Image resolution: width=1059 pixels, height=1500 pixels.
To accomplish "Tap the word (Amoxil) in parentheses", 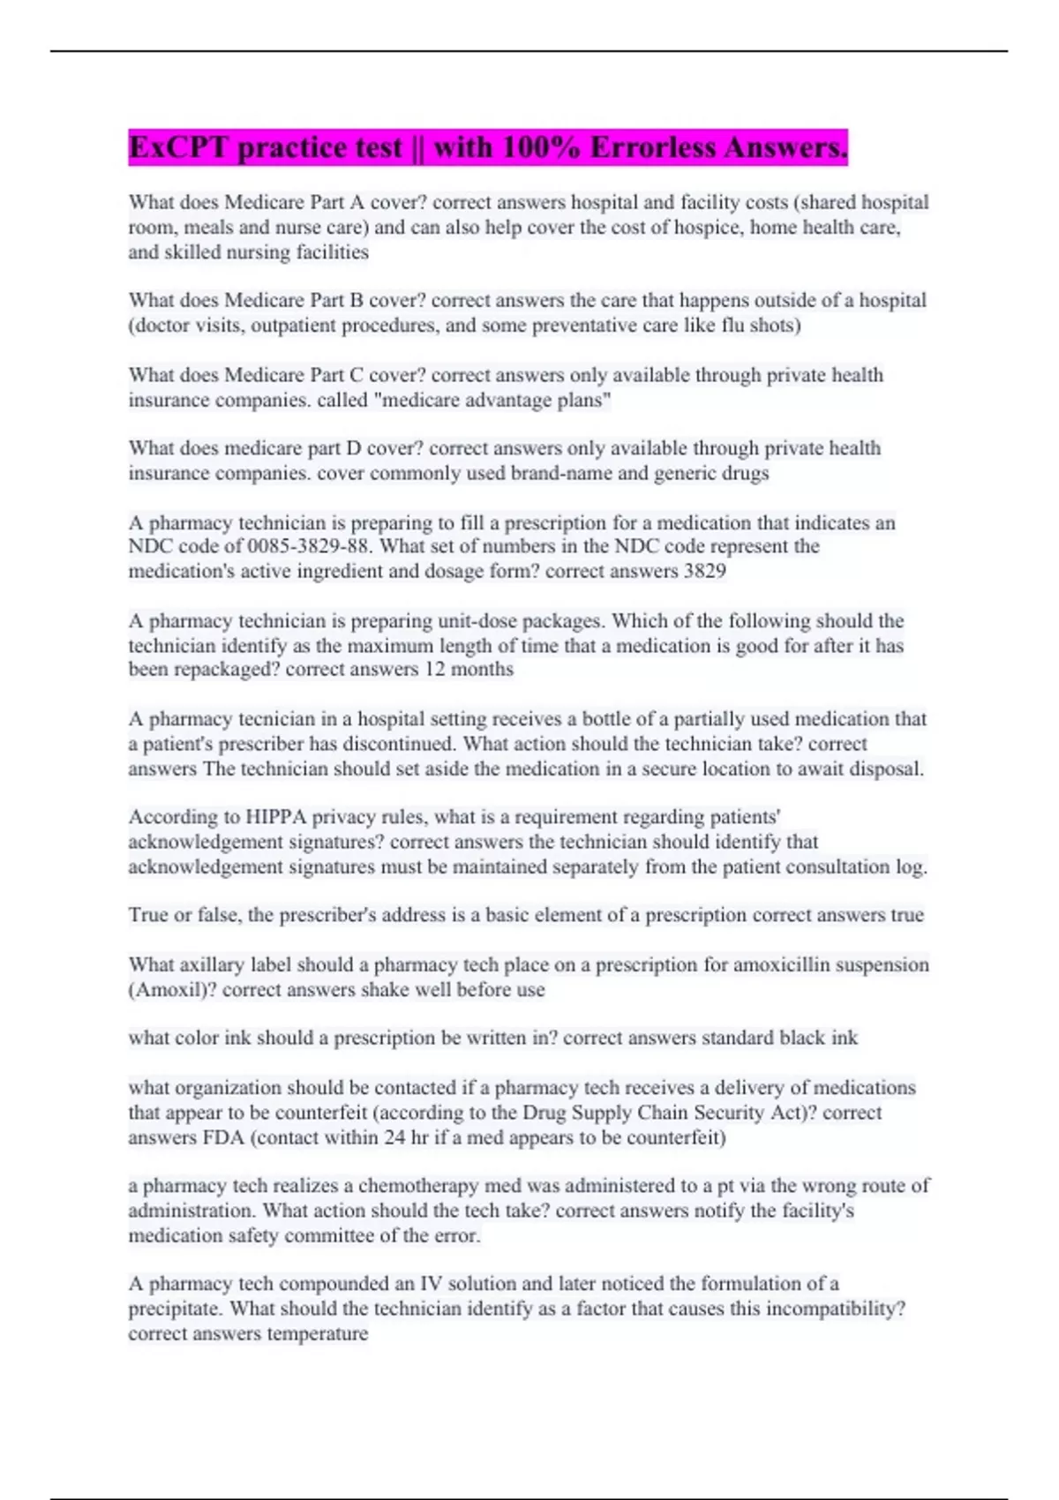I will pyautogui.click(x=172, y=990).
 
